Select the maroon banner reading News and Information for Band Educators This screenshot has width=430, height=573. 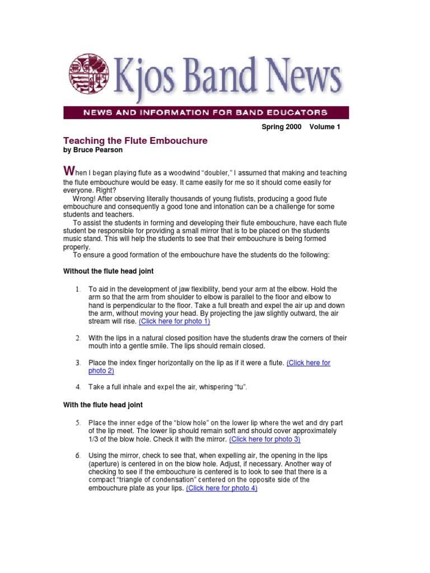pyautogui.click(x=206, y=112)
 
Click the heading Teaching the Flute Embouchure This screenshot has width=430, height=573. pyautogui.click(x=135, y=141)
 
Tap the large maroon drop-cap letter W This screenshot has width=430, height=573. pyautogui.click(x=69, y=170)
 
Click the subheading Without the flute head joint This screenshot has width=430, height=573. pyautogui.click(x=109, y=271)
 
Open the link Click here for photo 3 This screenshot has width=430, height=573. pyautogui.click(x=265, y=439)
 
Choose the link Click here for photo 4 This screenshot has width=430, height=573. pyautogui.click(x=222, y=488)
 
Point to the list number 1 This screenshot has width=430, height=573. pyautogui.click(x=78, y=289)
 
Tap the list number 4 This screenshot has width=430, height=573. pyautogui.click(x=78, y=387)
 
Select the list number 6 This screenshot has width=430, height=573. pyautogui.click(x=78, y=456)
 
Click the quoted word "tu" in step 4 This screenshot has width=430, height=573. pyautogui.click(x=255, y=387)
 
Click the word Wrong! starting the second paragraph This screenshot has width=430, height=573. pyautogui.click(x=85, y=199)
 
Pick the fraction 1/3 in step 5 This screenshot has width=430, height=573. pyautogui.click(x=94, y=439)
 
